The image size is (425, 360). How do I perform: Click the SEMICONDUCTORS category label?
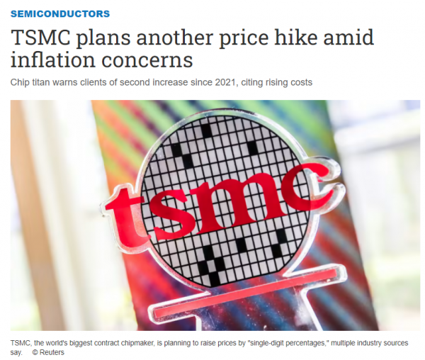pyautogui.click(x=60, y=13)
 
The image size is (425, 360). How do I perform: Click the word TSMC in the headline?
pyautogui.click(x=40, y=38)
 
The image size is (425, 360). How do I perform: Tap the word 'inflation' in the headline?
pyautogui.click(x=53, y=60)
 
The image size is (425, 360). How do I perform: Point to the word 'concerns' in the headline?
pyautogui.click(x=147, y=61)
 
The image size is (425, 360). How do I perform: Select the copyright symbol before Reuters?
pyautogui.click(x=35, y=352)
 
